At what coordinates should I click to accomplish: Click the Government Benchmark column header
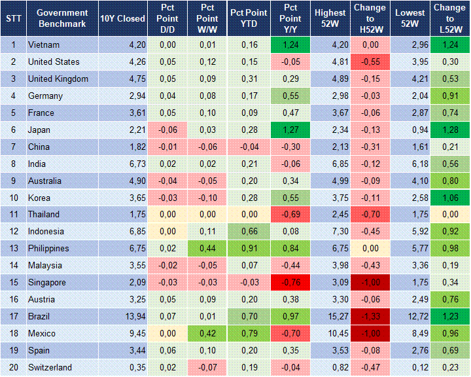pos(63,18)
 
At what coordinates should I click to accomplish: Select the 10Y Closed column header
pos(122,18)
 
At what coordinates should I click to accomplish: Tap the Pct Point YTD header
pos(248,18)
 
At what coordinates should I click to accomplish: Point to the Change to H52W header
pos(370,18)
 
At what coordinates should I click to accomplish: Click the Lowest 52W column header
pos(410,18)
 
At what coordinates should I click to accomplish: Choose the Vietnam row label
pos(44,45)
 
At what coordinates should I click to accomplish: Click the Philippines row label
pos(49,249)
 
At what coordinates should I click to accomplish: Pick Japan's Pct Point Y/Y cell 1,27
pos(291,130)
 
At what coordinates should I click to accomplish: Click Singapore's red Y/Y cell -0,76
pos(291,283)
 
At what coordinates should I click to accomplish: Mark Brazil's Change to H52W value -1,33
pos(370,317)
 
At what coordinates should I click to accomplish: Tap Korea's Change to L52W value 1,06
pos(449,198)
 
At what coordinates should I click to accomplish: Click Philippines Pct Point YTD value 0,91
pos(248,249)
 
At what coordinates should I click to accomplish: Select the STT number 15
pos(13,283)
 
